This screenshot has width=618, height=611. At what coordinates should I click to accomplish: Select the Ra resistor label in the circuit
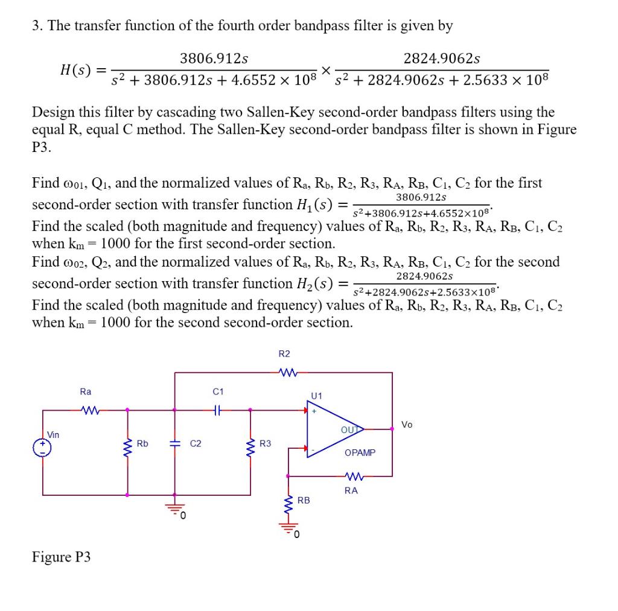coord(86,391)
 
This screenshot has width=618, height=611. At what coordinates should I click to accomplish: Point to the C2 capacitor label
coord(196,445)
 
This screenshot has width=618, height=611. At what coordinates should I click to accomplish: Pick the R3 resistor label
coord(266,444)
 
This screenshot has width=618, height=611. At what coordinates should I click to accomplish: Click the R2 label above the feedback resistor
coord(284,353)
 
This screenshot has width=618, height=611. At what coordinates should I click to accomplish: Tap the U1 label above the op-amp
coord(317,396)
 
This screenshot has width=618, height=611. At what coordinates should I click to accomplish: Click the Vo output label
coord(407,425)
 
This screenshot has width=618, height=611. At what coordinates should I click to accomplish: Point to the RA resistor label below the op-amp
coord(351,490)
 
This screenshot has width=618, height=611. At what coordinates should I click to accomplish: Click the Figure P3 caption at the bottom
coord(61,557)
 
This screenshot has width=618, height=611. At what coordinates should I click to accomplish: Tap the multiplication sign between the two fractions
coord(326,71)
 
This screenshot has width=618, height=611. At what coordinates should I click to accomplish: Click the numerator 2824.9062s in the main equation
coord(442,59)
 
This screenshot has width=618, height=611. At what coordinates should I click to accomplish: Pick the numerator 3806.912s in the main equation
coord(214,59)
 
